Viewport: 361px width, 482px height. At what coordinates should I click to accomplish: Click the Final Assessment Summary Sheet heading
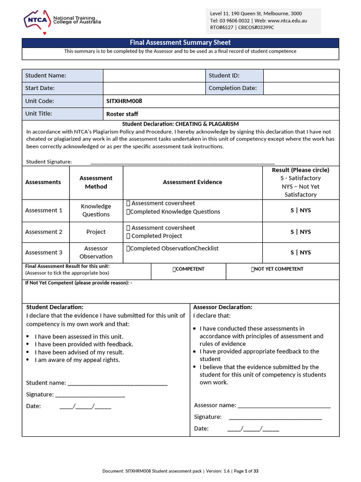point(180,43)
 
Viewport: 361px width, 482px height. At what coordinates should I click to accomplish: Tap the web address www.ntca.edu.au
point(287,21)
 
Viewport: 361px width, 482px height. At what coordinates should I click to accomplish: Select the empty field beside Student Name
point(154,75)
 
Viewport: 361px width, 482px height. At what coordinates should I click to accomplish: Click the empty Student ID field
point(301,75)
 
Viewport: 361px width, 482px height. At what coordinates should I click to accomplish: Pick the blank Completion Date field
point(301,88)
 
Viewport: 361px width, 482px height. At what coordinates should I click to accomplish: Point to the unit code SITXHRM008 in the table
point(124,101)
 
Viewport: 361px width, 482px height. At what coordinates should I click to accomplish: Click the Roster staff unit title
point(122,114)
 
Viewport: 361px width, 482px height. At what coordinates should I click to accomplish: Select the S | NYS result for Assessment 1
point(300,210)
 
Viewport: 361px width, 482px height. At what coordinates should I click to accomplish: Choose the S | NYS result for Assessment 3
point(300,252)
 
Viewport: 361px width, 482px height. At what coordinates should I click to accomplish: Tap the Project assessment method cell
point(96,232)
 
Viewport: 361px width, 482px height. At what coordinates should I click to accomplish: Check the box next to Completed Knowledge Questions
point(128,212)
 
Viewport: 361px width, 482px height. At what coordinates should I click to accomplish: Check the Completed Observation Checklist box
point(128,249)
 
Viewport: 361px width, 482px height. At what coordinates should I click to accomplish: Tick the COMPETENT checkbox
point(174,269)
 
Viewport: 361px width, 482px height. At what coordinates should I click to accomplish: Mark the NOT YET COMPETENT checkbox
point(253,269)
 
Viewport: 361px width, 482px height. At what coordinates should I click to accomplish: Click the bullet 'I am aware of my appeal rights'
point(77,360)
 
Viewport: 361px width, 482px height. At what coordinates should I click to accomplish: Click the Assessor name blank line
point(284,405)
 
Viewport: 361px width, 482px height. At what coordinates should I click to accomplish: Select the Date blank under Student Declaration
point(85,406)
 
